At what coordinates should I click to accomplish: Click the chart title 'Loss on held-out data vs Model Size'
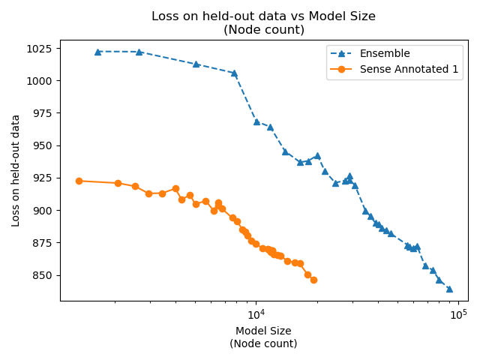tap(263, 16)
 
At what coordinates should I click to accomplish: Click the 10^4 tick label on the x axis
tap(256, 313)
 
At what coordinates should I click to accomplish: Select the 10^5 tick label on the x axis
tap(458, 313)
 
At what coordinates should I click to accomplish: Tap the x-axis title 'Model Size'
tap(263, 331)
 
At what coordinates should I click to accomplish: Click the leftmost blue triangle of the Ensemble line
tap(97, 52)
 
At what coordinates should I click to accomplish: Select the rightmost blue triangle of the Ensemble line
tap(449, 289)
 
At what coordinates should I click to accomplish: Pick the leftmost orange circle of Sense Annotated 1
tap(79, 181)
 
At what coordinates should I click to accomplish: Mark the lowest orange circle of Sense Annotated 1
tap(313, 280)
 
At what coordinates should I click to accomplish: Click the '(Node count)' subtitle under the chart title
tap(263, 30)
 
